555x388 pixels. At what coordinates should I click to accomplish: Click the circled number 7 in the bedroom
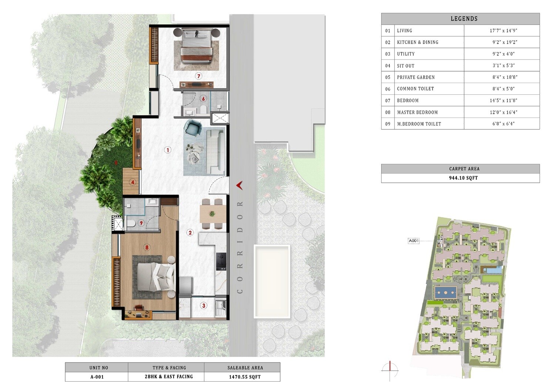click(199, 76)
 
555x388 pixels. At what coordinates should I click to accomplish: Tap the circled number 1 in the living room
click(168, 150)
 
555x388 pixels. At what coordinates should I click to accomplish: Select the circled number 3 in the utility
click(203, 306)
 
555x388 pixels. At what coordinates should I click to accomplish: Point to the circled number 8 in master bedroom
click(147, 247)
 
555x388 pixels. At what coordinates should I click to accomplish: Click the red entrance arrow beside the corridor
click(239, 185)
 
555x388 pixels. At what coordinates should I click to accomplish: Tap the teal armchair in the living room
click(192, 128)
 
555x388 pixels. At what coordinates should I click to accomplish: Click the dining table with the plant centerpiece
click(212, 213)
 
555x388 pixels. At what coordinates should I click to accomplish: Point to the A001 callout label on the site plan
click(413, 241)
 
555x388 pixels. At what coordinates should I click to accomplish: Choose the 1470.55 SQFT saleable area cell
click(245, 377)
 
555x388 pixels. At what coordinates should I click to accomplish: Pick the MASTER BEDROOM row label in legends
click(417, 112)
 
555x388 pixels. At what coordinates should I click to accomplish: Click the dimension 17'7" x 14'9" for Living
click(503, 31)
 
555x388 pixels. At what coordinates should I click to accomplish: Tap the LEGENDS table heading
click(464, 18)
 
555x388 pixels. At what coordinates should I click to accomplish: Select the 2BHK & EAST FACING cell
click(169, 377)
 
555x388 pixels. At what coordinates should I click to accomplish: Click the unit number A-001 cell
click(97, 377)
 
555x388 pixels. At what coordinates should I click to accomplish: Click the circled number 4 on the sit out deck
click(132, 182)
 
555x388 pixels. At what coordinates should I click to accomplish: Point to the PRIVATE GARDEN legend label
click(416, 77)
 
